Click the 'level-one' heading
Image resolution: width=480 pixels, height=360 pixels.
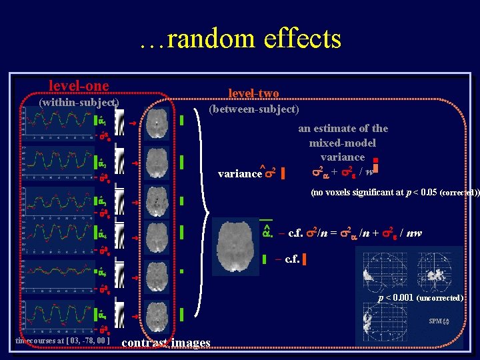[x=79, y=86]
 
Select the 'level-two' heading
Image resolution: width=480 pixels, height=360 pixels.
[x=253, y=93]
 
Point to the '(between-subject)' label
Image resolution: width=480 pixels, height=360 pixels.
[x=253, y=109]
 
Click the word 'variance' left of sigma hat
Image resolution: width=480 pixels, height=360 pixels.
[x=239, y=173]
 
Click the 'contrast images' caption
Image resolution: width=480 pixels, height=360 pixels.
[x=167, y=343]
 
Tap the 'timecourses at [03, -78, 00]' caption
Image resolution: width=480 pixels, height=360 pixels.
[x=61, y=341]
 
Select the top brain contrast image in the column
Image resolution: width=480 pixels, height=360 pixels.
[x=157, y=123]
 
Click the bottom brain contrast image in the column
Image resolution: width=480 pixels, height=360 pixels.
[x=157, y=313]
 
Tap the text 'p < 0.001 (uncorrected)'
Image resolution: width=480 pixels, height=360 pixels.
[x=420, y=298]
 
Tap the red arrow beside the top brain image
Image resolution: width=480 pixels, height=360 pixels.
[x=133, y=123]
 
